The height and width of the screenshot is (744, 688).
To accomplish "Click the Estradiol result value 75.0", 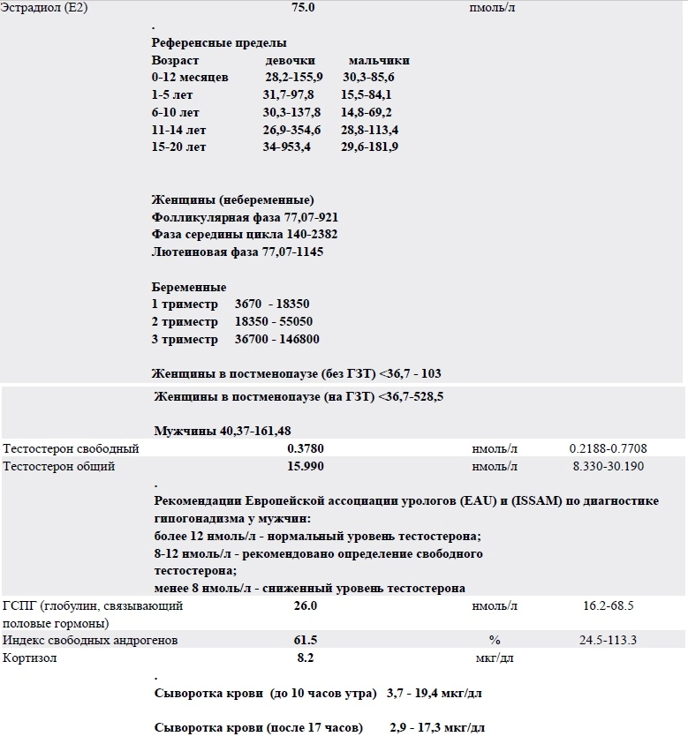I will (302, 7).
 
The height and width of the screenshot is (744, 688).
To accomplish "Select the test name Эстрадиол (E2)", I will (46, 7).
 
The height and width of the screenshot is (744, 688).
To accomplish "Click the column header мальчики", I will (379, 61).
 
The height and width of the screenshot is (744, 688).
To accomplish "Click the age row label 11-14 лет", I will (178, 130).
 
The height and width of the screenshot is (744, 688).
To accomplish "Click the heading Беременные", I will (189, 288).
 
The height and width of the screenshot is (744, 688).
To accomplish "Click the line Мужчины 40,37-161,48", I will (223, 431).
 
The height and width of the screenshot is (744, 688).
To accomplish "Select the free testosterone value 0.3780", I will (305, 449).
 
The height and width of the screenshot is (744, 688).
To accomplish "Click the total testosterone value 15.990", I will (305, 466).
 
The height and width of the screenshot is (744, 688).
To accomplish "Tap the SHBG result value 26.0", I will (305, 606).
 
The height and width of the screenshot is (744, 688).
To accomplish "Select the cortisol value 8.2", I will (305, 658).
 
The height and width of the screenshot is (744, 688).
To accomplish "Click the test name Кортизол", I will (30, 658).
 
